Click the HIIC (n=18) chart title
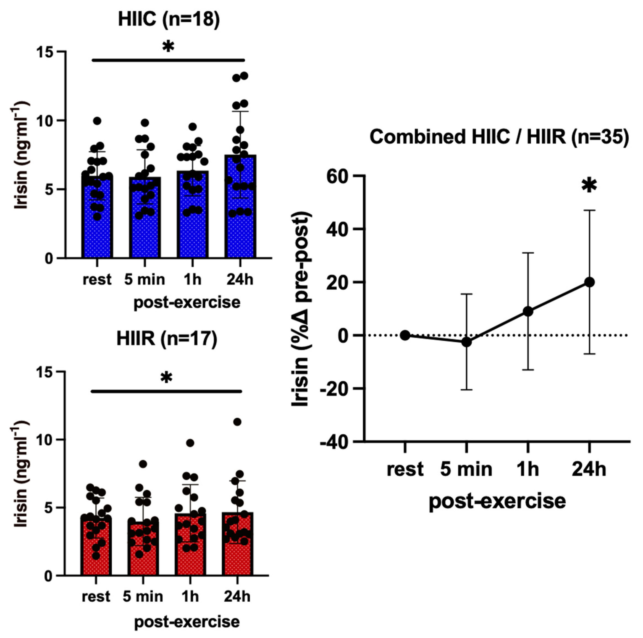169,19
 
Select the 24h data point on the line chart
589,282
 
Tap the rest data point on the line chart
405,335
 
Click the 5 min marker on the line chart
467,342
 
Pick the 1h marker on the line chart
528,311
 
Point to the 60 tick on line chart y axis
339,175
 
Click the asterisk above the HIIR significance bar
166,377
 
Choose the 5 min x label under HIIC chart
145,280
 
